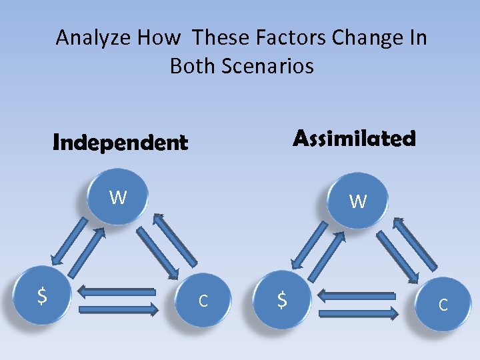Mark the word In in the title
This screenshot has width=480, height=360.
coord(418,38)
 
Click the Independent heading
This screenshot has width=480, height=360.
coord(120,143)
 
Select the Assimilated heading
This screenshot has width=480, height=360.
coord(354,139)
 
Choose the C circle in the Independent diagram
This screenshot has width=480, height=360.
coord(203,301)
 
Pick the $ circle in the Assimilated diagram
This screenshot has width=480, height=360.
coord(282,301)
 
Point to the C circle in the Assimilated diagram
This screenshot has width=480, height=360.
coord(442,305)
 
